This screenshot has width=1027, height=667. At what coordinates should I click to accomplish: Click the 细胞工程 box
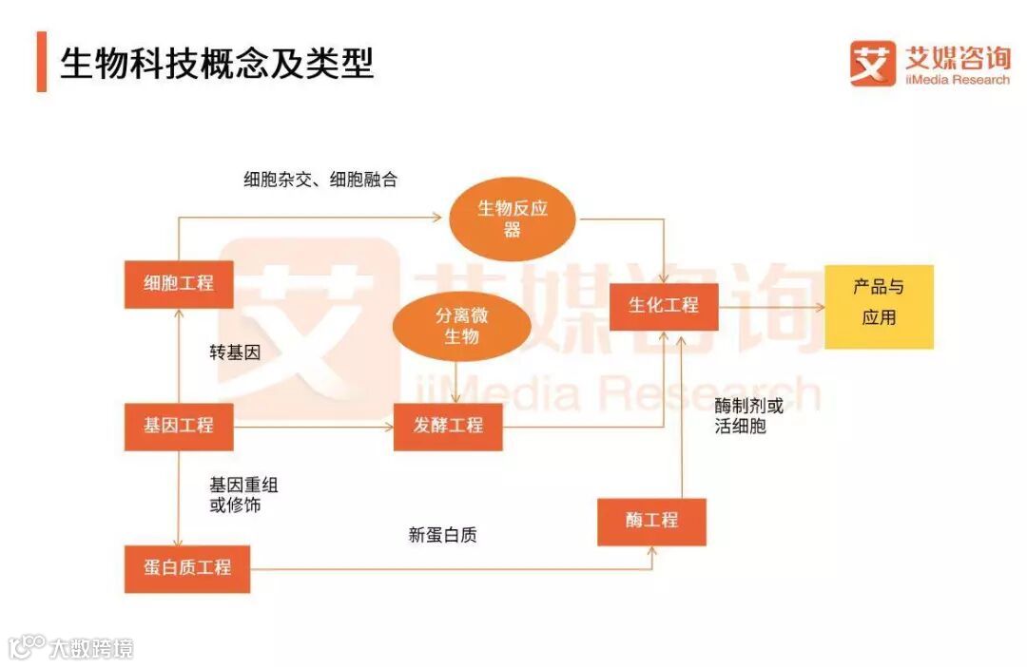pos(179,283)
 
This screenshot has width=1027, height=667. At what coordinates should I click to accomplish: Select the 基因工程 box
pos(179,426)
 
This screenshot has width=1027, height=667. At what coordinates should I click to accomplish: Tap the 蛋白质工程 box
pos(187,567)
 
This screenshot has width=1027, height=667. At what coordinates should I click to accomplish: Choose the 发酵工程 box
pos(448,426)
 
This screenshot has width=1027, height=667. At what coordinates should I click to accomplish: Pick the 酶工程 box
pos(651,521)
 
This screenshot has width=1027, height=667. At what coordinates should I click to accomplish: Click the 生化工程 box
pos(664,306)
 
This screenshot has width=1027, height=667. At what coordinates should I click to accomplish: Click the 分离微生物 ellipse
pos(461,326)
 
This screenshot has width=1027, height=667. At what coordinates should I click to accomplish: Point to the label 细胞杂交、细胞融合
pos(320,179)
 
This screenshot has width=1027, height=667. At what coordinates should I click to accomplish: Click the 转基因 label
pos(235,353)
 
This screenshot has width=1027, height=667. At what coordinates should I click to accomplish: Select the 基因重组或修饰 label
pos(243,495)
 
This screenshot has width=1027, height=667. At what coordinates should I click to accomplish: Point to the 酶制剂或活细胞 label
pos(748,416)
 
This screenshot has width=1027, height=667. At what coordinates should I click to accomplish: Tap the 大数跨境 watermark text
pos(91,648)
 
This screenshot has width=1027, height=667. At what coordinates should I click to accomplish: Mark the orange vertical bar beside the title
pos(41,62)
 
